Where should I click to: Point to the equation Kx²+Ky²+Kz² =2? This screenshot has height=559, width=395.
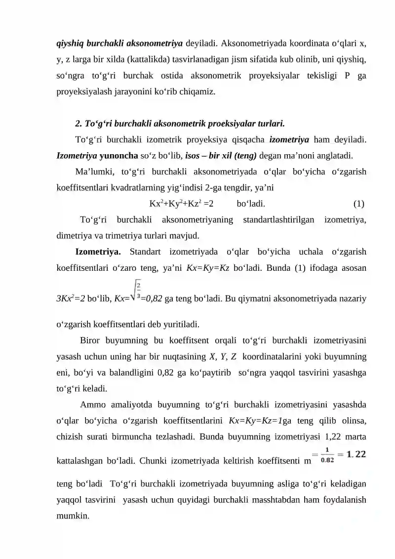181,204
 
